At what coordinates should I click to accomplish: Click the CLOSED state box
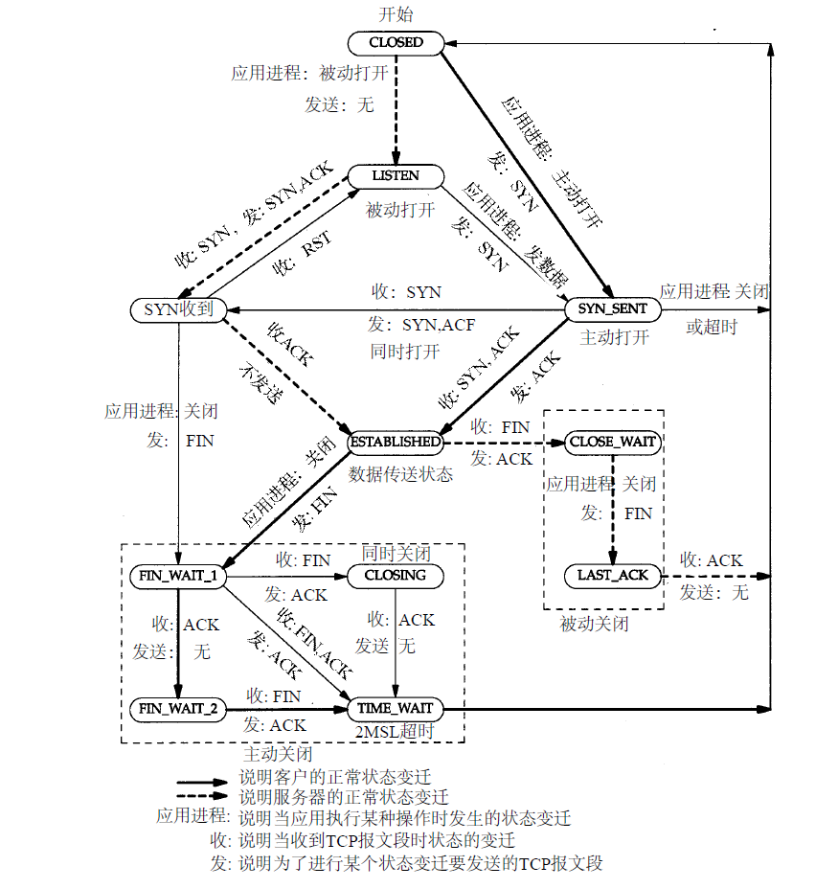(x=396, y=43)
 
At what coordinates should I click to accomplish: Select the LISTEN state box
(x=396, y=176)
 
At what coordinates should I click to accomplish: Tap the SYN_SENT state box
(x=613, y=309)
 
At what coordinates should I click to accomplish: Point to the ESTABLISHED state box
(x=396, y=442)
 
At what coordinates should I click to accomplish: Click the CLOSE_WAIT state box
(x=613, y=442)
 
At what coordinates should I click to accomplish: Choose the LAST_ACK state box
(x=613, y=576)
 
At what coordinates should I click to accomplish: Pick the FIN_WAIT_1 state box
(x=178, y=576)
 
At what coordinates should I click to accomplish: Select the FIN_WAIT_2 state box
(x=178, y=709)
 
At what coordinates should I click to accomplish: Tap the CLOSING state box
(x=396, y=576)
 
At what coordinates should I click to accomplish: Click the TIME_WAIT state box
(x=396, y=709)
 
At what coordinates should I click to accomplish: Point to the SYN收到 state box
(x=178, y=309)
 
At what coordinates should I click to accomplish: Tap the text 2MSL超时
(x=396, y=731)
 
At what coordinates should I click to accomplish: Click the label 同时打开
(x=404, y=351)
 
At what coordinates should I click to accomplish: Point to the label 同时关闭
(x=396, y=554)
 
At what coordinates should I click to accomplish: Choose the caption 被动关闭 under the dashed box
(x=594, y=625)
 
